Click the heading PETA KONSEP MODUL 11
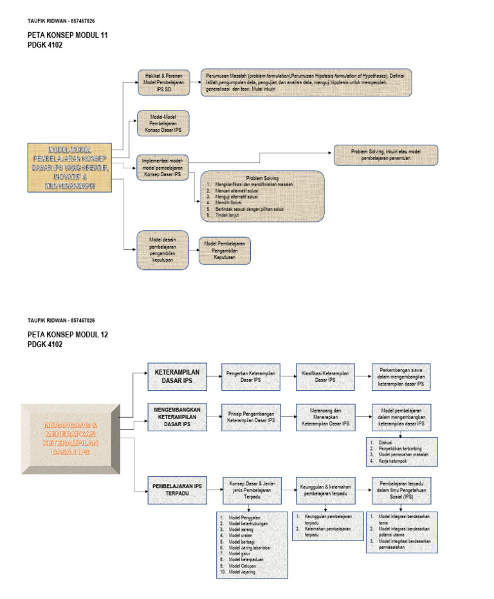coord(68,35)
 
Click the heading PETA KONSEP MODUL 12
coord(68,335)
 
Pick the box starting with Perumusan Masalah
coord(306,82)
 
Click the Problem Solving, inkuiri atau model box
coord(385,155)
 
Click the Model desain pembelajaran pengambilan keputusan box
coord(162,249)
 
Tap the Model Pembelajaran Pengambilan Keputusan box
coord(224,251)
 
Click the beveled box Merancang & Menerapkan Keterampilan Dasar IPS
coord(70,439)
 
